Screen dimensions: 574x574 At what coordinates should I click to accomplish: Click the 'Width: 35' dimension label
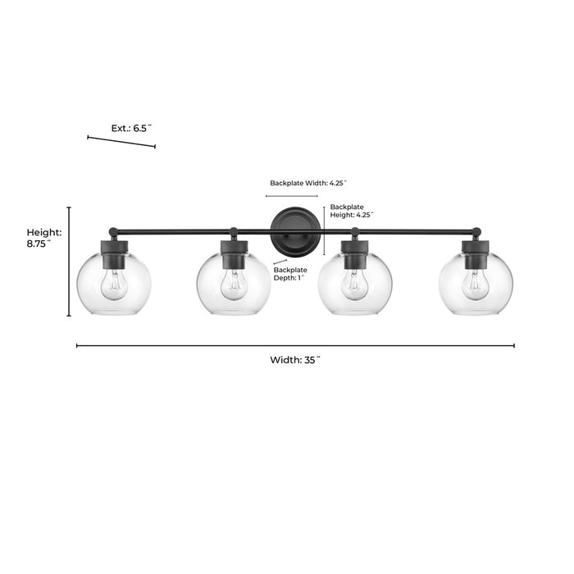point(295,360)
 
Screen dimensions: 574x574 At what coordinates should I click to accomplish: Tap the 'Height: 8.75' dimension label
point(44,238)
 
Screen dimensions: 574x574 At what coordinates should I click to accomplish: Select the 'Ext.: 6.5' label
point(131,128)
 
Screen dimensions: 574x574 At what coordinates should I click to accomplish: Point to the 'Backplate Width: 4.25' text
point(308,183)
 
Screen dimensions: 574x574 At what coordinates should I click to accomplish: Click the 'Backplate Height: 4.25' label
point(352,211)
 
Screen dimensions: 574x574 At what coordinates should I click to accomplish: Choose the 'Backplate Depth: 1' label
point(290,274)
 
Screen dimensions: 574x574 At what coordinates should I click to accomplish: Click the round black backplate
point(295,232)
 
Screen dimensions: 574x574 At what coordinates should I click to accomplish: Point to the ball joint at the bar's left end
point(113,232)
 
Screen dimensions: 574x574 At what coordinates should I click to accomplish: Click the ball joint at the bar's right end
point(476,232)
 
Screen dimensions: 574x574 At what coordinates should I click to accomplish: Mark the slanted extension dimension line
point(121,142)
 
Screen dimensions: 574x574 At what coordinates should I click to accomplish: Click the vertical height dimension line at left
point(69,262)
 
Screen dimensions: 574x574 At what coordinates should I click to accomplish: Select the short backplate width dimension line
point(292,196)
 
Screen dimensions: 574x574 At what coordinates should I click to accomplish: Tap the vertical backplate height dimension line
point(324,231)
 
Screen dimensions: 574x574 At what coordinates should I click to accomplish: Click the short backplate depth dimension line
point(280,262)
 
